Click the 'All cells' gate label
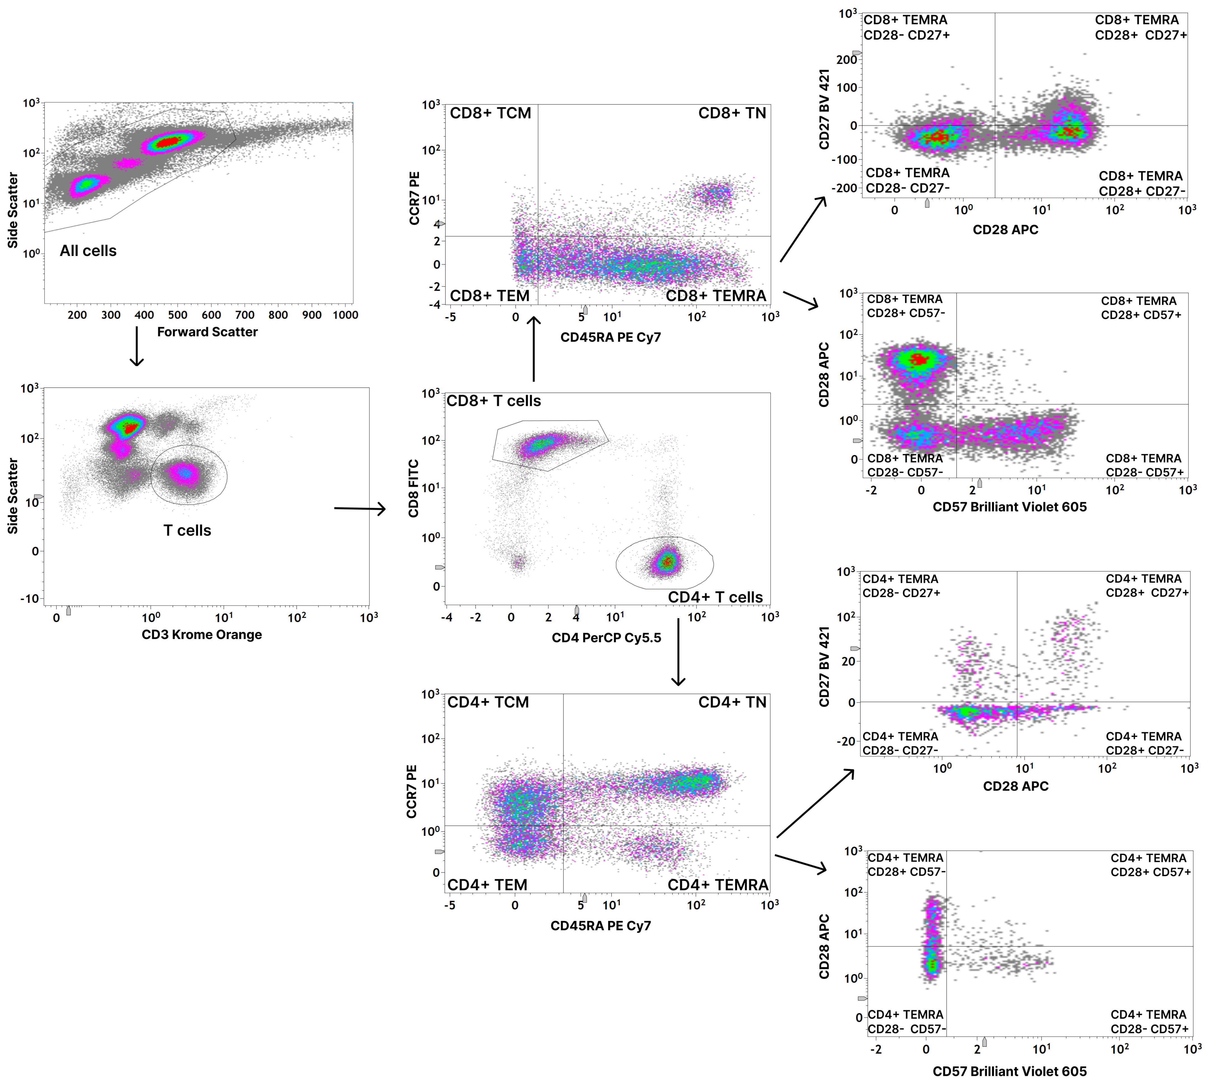(x=88, y=251)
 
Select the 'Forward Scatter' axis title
(x=207, y=332)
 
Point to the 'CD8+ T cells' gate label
(x=494, y=401)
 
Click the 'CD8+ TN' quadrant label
(x=732, y=113)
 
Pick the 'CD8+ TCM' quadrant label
(x=490, y=113)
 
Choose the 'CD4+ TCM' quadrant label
(x=488, y=702)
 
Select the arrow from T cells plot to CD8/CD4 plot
(x=360, y=509)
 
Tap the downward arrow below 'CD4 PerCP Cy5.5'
(x=678, y=652)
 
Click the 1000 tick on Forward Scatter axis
(x=345, y=315)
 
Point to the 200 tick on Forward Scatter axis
(x=77, y=315)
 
